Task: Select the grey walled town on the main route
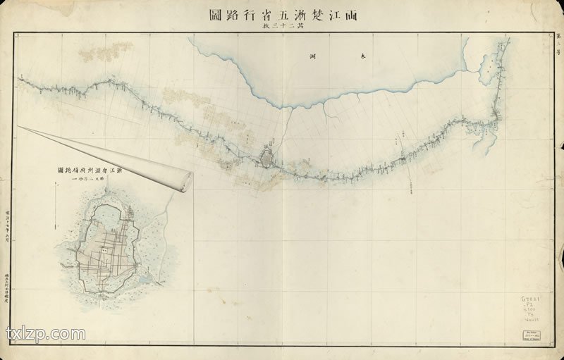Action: pyautogui.click(x=269, y=156)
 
